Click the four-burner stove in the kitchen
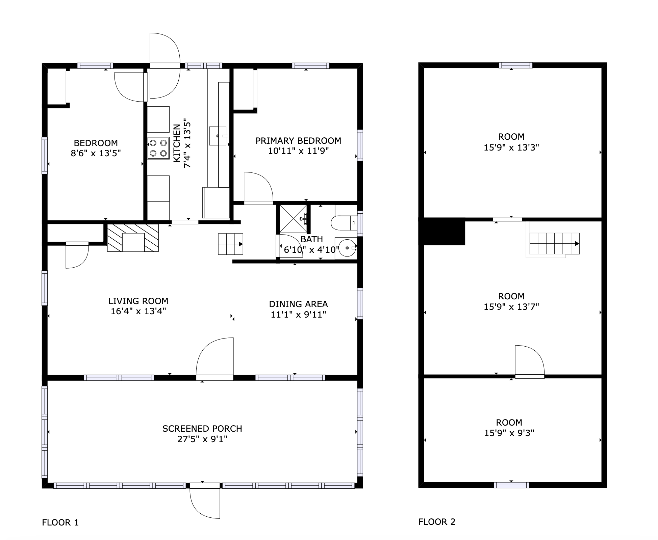coord(158,148)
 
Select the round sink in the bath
coord(346,248)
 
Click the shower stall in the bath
coord(293,219)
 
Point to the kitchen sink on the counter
coord(218,136)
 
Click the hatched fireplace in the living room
coord(133,238)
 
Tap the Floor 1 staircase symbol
coord(230,244)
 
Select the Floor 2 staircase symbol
coord(554,243)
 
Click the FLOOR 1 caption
coord(60,522)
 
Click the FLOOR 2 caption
coord(437,522)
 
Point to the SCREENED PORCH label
coord(202,429)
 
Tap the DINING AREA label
coord(298,304)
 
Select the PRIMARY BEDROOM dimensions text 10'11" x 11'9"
coord(298,151)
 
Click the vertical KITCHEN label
coord(177,143)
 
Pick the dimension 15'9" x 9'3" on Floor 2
coord(509,433)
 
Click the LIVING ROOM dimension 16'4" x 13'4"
coord(138,311)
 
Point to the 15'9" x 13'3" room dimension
coord(511,147)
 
